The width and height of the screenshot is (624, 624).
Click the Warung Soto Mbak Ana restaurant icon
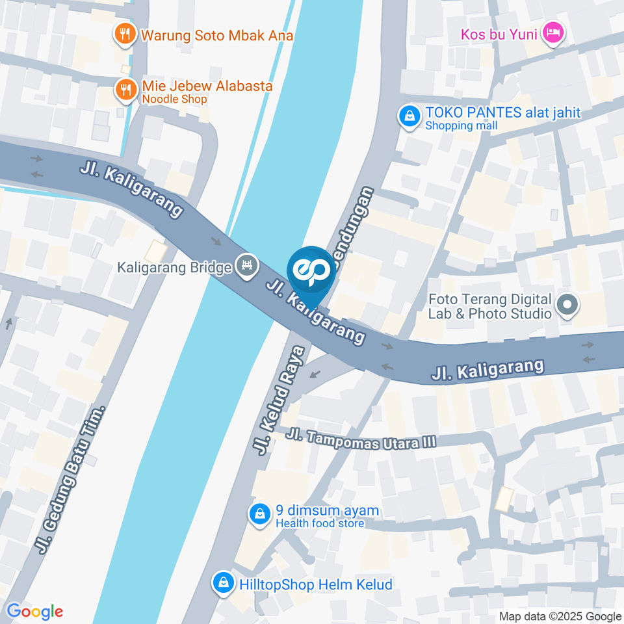coord(124,34)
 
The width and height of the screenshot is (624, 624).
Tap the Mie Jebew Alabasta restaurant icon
coord(124,90)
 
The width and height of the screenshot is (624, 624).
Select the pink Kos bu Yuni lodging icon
coord(553,32)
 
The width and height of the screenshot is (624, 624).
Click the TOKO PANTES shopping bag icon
coord(409,117)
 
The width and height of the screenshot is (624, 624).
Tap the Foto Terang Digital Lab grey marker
coord(567,304)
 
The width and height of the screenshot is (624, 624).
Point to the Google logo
coord(35,611)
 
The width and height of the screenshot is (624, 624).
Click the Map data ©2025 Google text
coord(560,616)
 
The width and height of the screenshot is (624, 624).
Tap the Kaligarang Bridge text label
coord(175,267)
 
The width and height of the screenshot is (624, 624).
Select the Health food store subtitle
coord(320,523)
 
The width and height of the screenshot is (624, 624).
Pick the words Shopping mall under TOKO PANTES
coord(461,125)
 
